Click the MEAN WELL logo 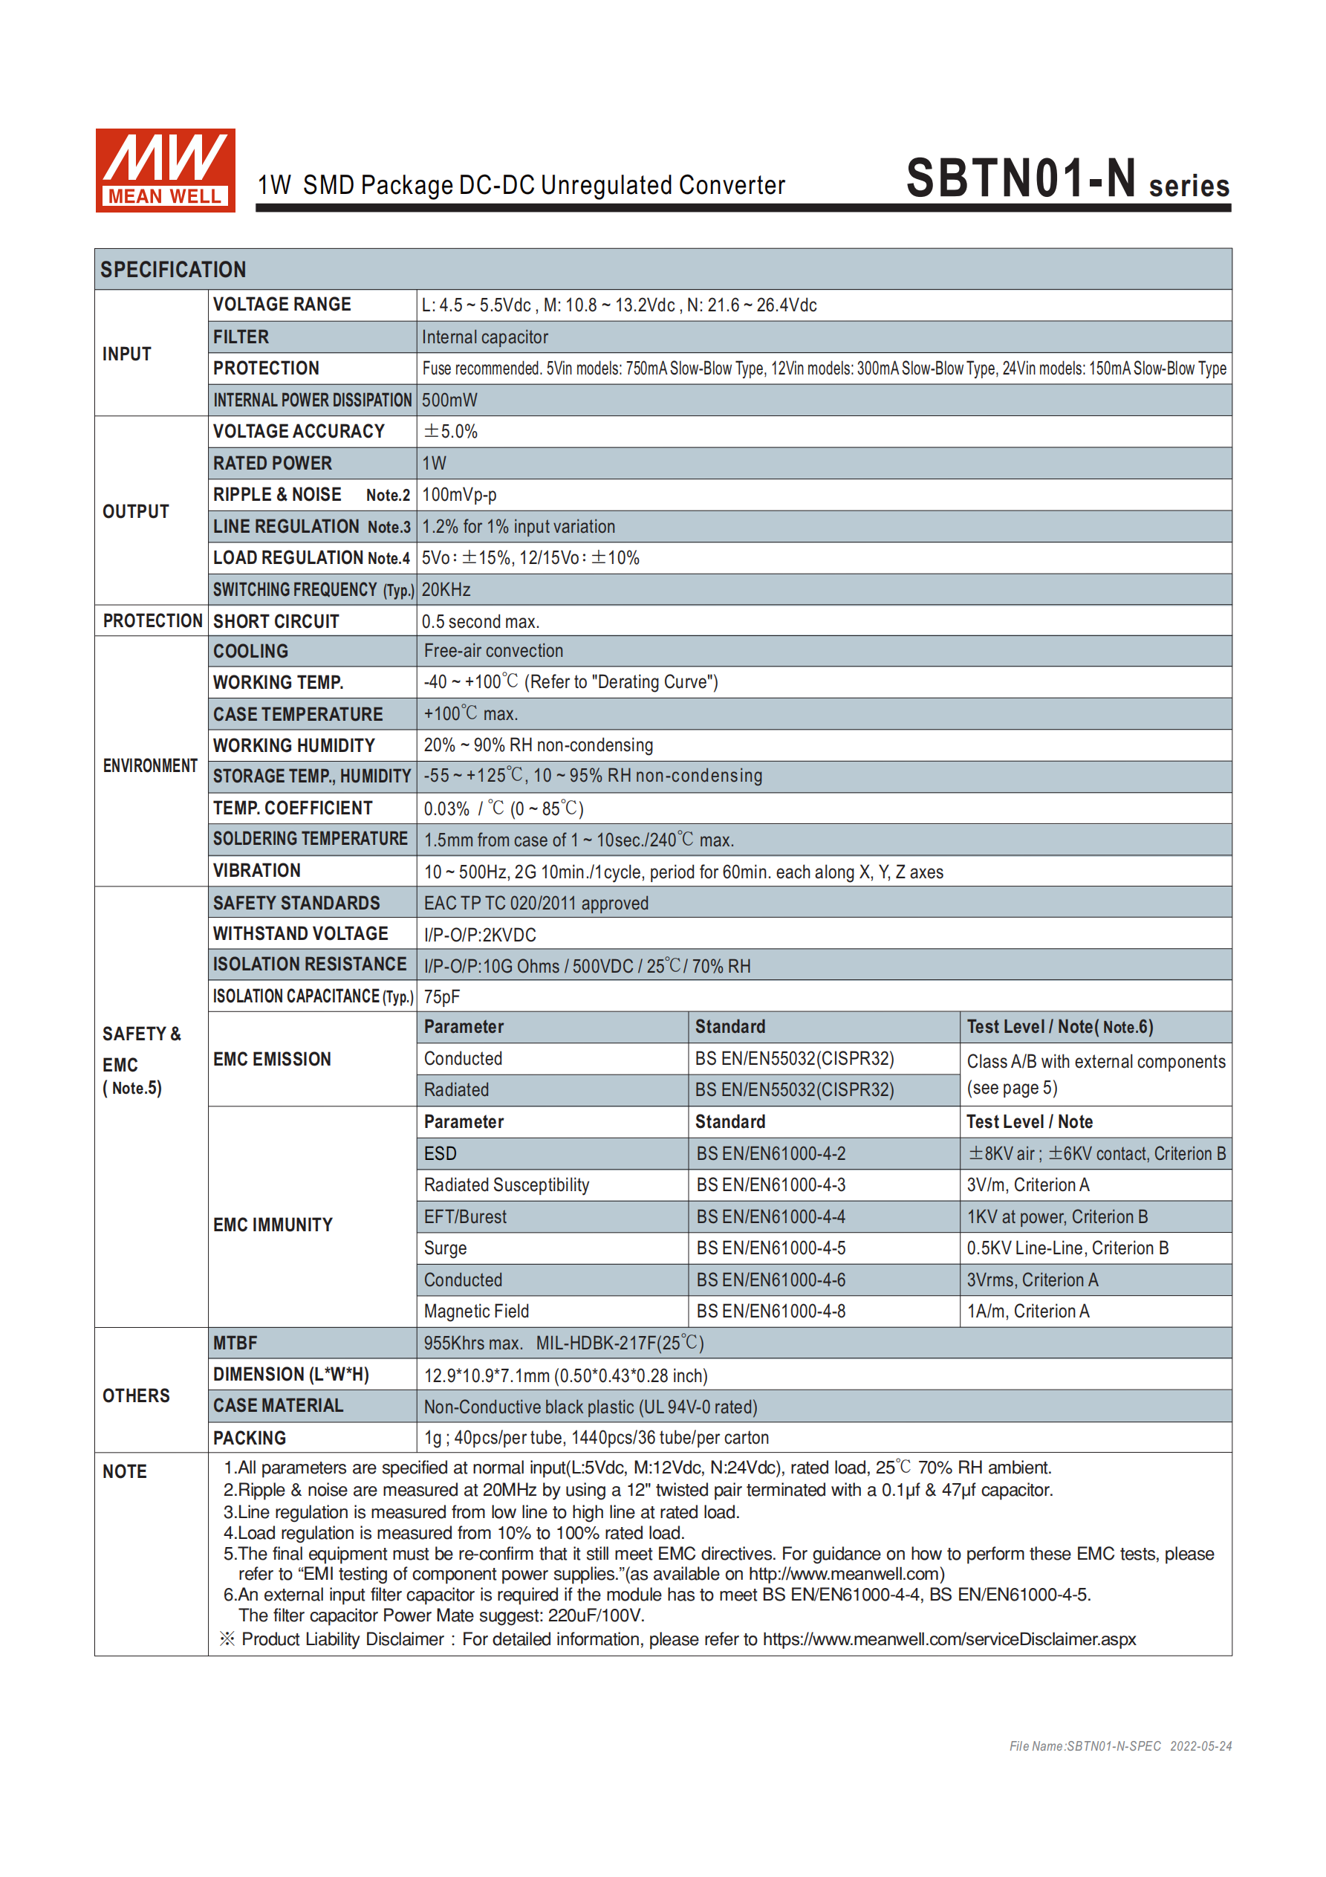(x=165, y=170)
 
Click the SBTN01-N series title (x=1066, y=179)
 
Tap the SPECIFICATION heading (x=173, y=270)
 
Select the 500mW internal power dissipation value (x=449, y=400)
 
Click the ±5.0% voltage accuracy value (x=450, y=432)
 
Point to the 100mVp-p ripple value (x=459, y=495)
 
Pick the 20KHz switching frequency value (x=446, y=589)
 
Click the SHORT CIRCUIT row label (x=276, y=621)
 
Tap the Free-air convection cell (x=494, y=651)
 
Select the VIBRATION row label (x=257, y=871)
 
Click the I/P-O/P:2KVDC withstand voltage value (x=480, y=934)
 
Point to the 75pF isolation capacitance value (x=442, y=996)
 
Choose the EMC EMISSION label (x=272, y=1060)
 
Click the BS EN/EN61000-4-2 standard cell (x=771, y=1153)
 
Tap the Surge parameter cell (x=446, y=1248)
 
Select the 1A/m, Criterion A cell (x=1027, y=1312)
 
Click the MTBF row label (x=235, y=1343)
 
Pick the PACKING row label (x=250, y=1438)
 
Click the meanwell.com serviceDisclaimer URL (x=949, y=1639)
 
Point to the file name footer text (x=1120, y=1746)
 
